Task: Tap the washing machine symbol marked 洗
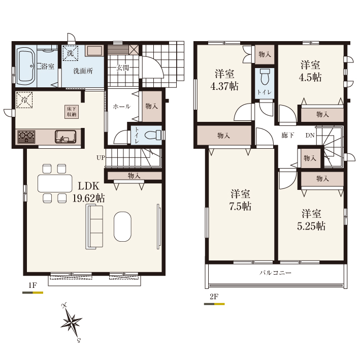click(70, 53)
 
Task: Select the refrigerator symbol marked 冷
click(24, 100)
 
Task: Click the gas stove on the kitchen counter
click(26, 137)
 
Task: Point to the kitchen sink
click(66, 137)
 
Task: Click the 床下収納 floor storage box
click(72, 112)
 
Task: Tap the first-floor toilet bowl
click(153, 135)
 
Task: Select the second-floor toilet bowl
click(265, 77)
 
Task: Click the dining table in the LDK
click(55, 183)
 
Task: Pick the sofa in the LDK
click(94, 227)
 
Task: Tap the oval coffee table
click(122, 226)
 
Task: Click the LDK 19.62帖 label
click(89, 192)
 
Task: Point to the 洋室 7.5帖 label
click(240, 200)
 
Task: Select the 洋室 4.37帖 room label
click(224, 80)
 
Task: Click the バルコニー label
click(276, 273)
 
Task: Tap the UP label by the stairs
click(101, 158)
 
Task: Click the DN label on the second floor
click(310, 136)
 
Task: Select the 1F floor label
click(32, 285)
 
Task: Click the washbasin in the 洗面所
click(93, 50)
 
